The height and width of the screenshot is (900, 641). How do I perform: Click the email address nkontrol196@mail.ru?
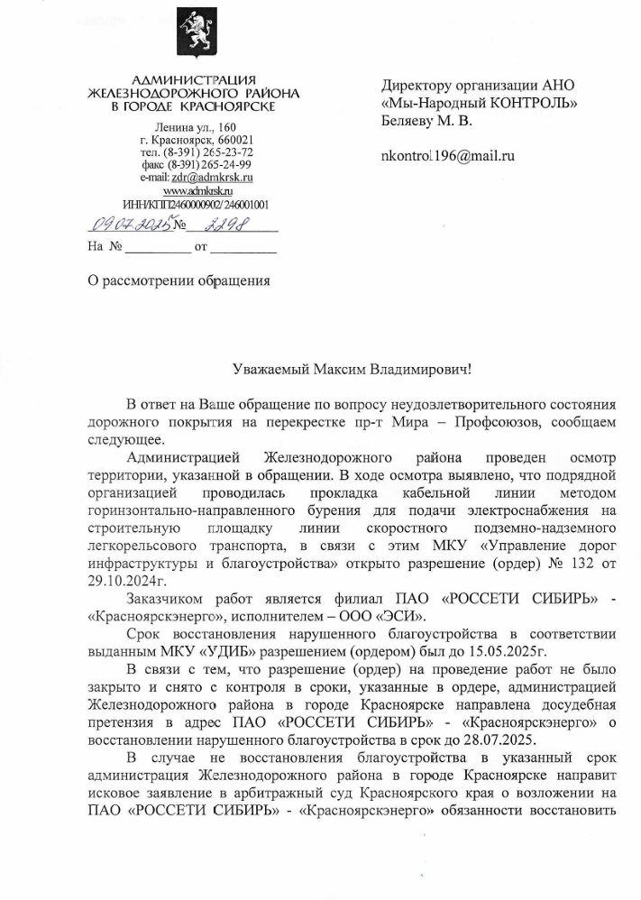tap(448, 156)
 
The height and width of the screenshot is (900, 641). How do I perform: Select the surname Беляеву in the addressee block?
tap(410, 120)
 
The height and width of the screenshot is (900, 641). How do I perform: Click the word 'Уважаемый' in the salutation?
tap(270, 369)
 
